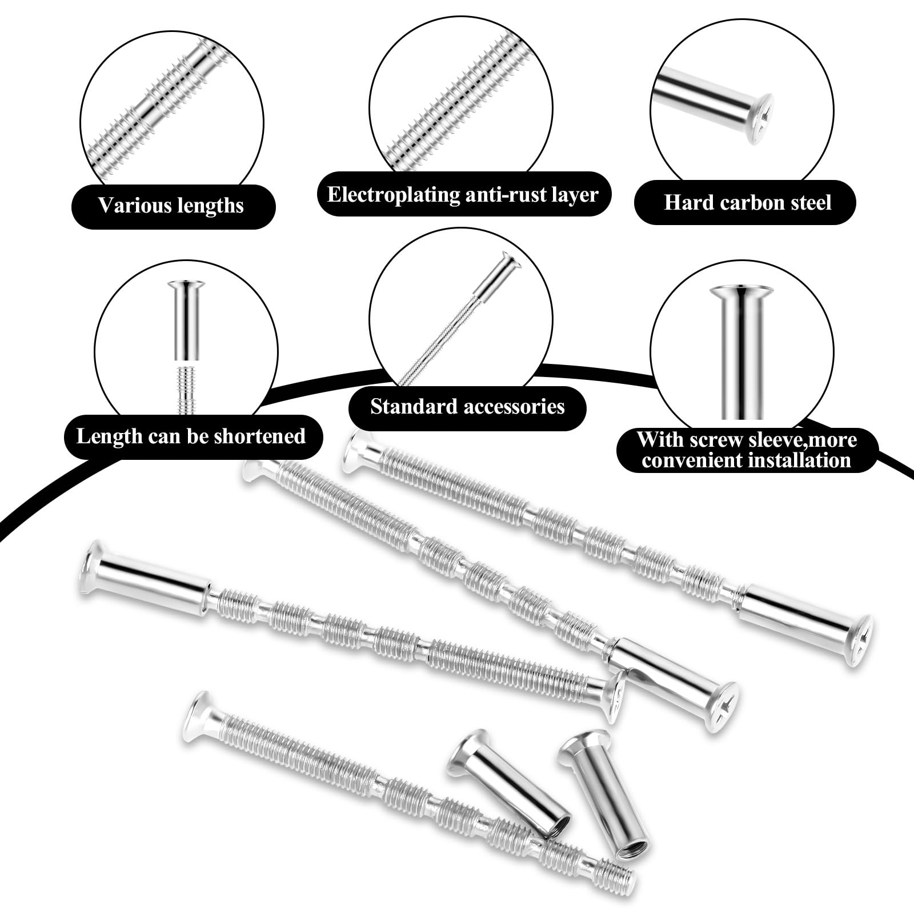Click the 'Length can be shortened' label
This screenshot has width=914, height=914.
point(191,436)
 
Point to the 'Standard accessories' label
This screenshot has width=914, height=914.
point(467,406)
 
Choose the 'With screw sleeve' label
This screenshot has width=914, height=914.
point(747,450)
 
